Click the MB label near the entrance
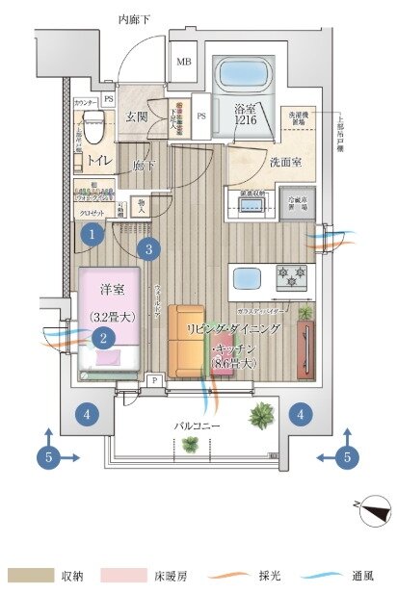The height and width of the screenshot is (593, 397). click(x=183, y=65)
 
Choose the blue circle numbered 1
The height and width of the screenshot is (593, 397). click(x=92, y=233)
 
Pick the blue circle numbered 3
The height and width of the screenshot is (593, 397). click(x=146, y=249)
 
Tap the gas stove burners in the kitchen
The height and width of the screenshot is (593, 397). click(x=291, y=277)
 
